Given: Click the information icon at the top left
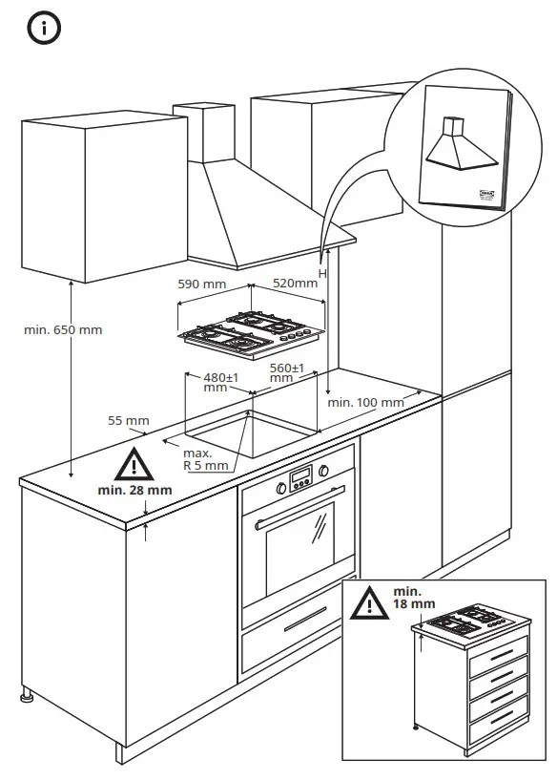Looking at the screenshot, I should tap(44, 29).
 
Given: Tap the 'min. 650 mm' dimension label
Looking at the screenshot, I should tap(63, 330).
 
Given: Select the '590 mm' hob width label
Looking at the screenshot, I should tap(201, 284).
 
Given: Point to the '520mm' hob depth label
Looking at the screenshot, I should tap(295, 284).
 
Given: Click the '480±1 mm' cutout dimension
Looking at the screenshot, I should tap(219, 382).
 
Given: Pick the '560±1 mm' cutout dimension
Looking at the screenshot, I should tap(286, 372).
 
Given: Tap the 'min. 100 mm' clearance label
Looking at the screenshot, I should tap(365, 402).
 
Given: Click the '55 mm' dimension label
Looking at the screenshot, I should tap(129, 420).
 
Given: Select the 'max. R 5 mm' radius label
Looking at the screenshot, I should tap(204, 459).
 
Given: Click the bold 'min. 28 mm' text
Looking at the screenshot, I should tap(134, 490).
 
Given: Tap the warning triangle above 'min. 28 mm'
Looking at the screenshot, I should tap(134, 465).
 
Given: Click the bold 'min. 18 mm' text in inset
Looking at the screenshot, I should tap(412, 598).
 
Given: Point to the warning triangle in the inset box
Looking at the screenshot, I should tap(368, 604).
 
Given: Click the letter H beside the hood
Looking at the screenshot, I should tap(322, 273).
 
